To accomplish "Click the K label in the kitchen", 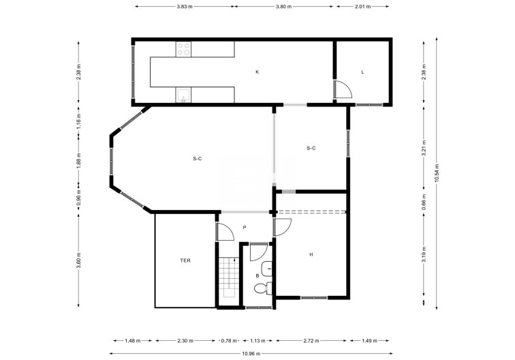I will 257,72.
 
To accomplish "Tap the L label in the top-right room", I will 362,72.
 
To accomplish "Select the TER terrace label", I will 185,260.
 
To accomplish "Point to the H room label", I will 311,254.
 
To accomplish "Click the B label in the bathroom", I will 257,275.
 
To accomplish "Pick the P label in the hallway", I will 244,228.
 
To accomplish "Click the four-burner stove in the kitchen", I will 183,48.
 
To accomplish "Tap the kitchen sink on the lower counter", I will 183,95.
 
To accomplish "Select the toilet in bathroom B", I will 262,288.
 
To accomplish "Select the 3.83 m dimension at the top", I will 184,6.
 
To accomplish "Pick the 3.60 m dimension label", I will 79,260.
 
